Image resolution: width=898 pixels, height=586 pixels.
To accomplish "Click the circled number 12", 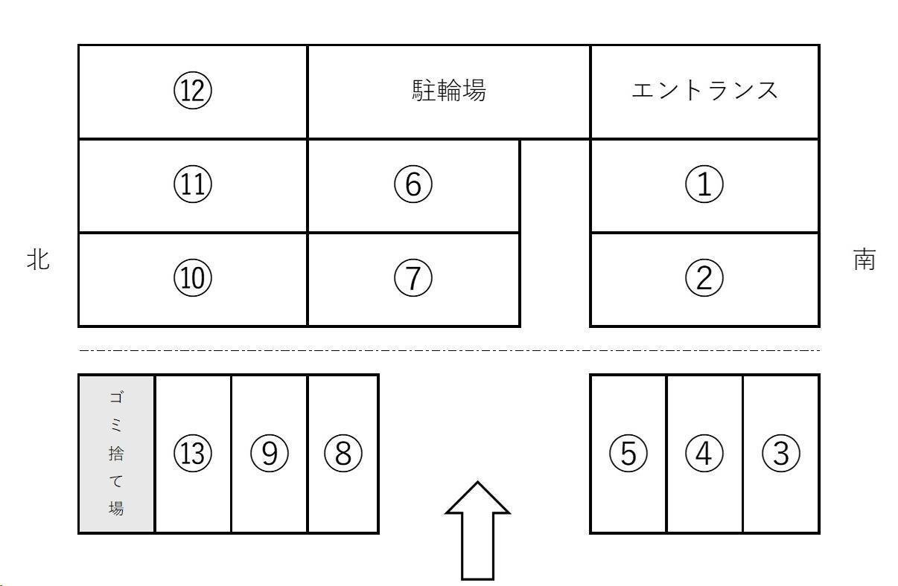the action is (x=192, y=91).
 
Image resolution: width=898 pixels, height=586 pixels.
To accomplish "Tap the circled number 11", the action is (x=192, y=184).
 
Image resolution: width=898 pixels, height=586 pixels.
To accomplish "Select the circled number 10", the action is (x=192, y=278).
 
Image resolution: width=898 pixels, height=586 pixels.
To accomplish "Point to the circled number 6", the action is (x=413, y=184).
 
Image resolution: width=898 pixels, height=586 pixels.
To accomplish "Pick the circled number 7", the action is (x=413, y=278).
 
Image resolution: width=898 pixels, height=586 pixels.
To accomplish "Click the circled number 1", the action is (x=704, y=184).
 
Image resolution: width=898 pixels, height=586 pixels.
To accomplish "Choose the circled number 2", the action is (x=704, y=278).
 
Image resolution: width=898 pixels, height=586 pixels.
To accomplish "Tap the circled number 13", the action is (x=192, y=453).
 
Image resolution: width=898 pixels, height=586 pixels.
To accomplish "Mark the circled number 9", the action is (x=270, y=453).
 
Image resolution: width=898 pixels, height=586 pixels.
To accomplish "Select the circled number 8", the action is (x=343, y=453).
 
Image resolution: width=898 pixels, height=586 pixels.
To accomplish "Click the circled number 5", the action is (x=628, y=453).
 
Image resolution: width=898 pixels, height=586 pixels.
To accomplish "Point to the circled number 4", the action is (x=704, y=453).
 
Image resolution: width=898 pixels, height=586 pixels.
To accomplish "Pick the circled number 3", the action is (x=781, y=453).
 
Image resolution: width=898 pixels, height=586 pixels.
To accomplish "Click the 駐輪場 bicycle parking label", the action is (x=449, y=91).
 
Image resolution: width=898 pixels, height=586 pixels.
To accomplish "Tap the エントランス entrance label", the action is (x=704, y=91).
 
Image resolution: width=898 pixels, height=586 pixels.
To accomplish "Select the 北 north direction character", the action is (x=39, y=260).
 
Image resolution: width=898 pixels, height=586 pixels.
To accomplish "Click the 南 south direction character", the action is (x=864, y=260).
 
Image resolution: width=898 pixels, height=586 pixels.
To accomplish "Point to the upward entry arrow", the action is (x=477, y=531).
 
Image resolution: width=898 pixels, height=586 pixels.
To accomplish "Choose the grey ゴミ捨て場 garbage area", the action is (x=116, y=454).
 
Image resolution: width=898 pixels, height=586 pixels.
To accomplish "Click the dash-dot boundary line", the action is (x=449, y=350).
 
